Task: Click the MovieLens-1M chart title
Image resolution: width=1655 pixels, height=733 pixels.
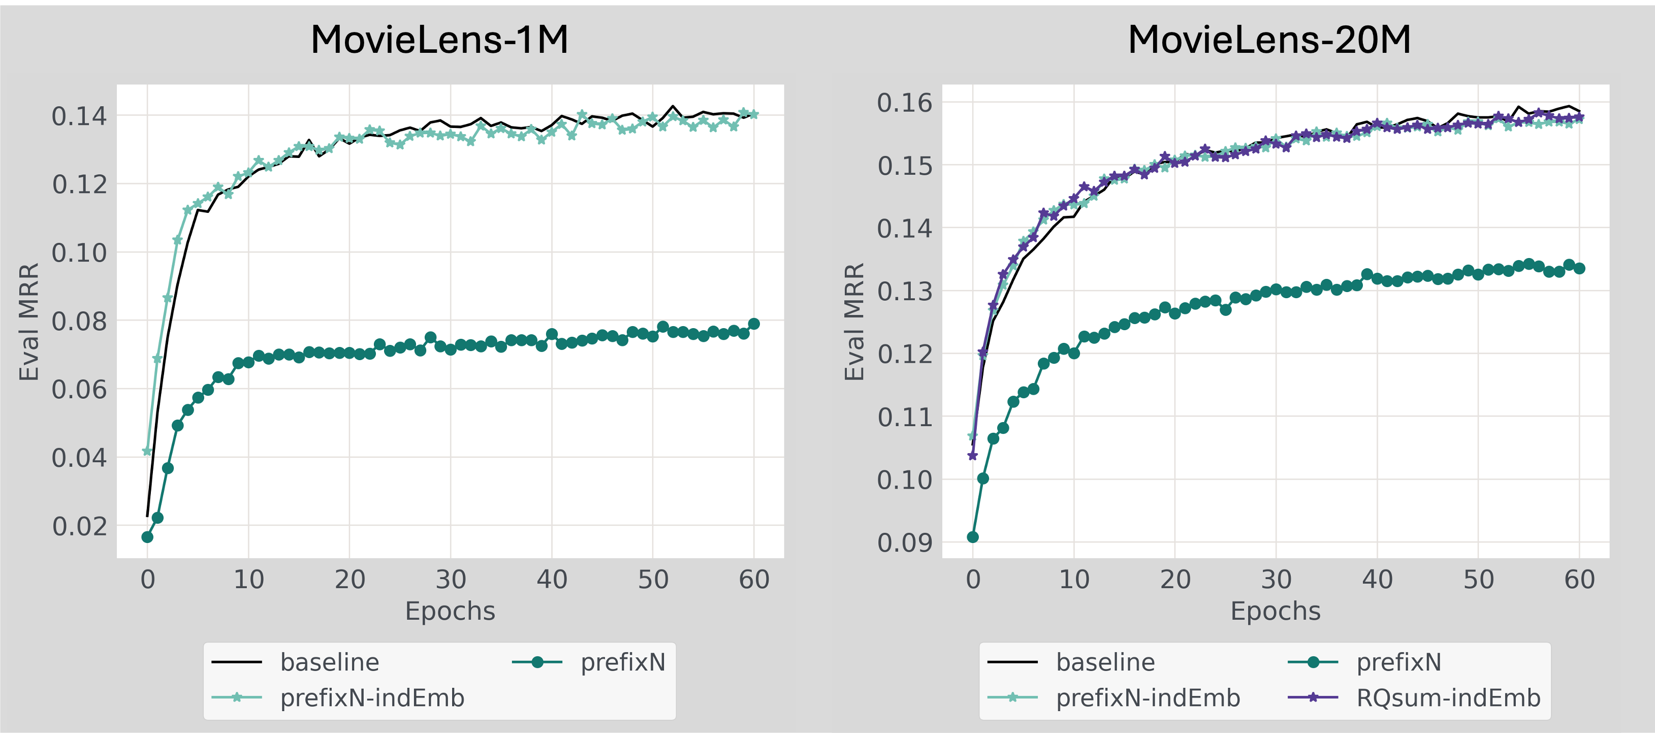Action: point(439,40)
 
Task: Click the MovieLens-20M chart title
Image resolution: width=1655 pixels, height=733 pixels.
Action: point(1269,40)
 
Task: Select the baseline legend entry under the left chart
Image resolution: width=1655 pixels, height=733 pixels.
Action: point(329,662)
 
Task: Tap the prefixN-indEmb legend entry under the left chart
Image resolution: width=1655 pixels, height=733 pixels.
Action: point(371,697)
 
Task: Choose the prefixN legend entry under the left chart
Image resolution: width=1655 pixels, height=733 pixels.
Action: point(623,662)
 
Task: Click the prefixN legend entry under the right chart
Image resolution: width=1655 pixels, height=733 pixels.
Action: point(1398,662)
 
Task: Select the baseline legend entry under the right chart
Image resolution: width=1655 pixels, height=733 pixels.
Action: point(1105,662)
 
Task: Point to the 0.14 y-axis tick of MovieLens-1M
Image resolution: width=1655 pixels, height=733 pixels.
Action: point(79,116)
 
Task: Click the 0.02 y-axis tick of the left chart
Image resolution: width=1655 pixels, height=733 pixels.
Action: point(79,526)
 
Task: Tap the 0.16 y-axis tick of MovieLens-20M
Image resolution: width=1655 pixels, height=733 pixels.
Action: point(905,102)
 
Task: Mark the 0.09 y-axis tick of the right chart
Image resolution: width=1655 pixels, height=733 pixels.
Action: point(905,543)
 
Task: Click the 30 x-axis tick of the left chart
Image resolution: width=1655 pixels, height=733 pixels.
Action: point(451,580)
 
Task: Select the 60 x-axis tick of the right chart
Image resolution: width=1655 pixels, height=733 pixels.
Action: point(1579,580)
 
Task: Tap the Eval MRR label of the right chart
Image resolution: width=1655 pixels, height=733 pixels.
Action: point(854,321)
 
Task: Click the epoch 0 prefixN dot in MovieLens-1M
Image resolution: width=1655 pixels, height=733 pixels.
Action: point(147,537)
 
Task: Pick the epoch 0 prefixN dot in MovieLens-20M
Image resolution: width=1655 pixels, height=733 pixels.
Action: point(973,537)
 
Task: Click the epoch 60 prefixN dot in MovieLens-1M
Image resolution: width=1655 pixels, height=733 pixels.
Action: point(754,324)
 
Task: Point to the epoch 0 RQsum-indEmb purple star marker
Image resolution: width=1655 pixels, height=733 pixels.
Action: point(973,456)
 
